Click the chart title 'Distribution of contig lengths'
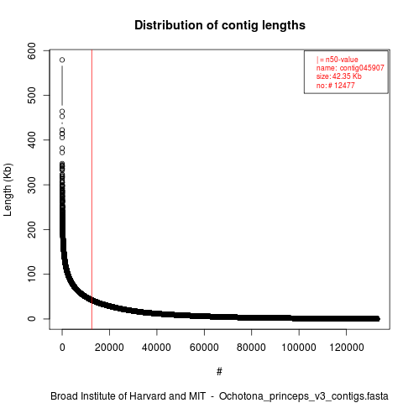(220, 25)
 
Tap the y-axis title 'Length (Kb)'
(8, 190)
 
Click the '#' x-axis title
(219, 371)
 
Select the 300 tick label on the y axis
(32, 185)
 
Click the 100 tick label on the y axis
(32, 274)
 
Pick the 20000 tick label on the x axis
(109, 348)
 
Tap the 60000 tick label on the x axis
(204, 348)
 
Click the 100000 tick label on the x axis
(299, 348)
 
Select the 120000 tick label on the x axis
(347, 348)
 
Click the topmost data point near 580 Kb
(62, 60)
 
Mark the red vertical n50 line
(92, 190)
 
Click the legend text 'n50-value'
(342, 60)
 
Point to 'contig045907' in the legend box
(362, 68)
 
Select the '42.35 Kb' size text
(347, 76)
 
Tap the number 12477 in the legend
(344, 86)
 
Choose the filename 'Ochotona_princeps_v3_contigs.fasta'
(304, 396)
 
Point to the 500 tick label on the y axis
(32, 95)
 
